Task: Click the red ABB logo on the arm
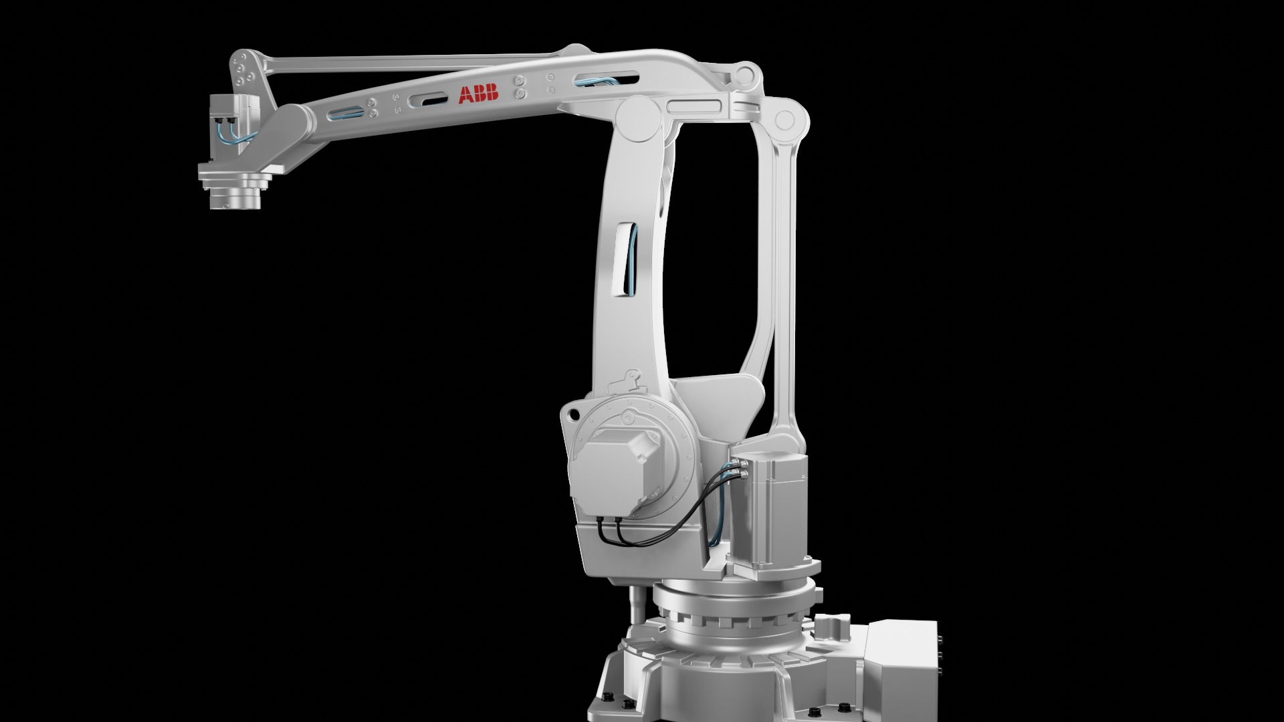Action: (x=478, y=94)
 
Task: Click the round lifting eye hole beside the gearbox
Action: (x=572, y=416)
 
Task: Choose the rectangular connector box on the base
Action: (x=899, y=658)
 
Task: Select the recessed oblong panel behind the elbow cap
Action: (x=694, y=106)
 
